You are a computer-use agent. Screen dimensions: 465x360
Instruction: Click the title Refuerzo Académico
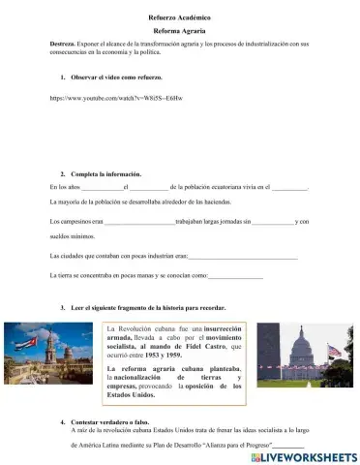click(x=179, y=18)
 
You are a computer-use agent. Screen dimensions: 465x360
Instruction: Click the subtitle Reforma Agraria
click(x=179, y=31)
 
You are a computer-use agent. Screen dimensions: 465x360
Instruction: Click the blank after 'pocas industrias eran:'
click(x=242, y=256)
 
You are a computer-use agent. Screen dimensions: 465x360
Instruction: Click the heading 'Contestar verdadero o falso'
click(x=115, y=422)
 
